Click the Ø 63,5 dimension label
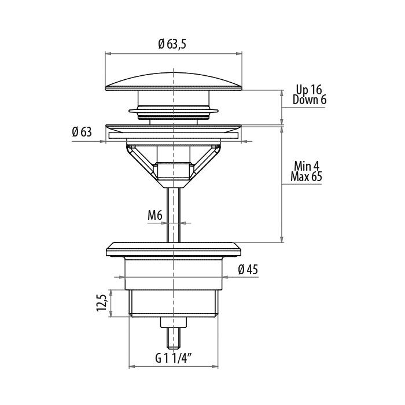pos(172,45)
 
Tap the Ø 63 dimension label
pos(82,132)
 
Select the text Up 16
pos(309,90)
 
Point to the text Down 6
pos(310,100)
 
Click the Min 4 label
pos(307,166)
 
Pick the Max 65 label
pos(306,176)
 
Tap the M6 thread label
pos(154,215)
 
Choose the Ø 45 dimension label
pos(248,270)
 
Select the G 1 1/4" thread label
pos(174,358)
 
